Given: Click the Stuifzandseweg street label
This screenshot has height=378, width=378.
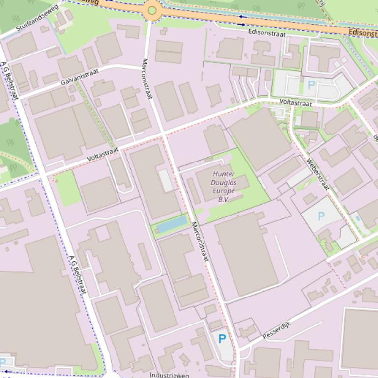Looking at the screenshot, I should (x=37, y=18).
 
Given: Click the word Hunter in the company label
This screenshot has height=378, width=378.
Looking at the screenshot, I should (x=224, y=174).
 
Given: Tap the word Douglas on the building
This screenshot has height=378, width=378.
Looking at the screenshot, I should (x=224, y=182).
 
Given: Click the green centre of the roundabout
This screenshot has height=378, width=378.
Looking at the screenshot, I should (x=152, y=10).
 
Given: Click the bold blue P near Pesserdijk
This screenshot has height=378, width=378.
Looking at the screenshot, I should (x=222, y=338).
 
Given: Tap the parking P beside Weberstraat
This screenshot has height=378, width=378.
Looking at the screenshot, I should (x=321, y=216).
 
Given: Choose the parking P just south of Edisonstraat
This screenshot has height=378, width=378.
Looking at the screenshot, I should (x=311, y=85).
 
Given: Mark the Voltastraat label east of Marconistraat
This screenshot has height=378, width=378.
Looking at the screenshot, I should (x=295, y=103).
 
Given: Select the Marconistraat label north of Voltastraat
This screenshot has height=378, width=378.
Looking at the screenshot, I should (x=147, y=79).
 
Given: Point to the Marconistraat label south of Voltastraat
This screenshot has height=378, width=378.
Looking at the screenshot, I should (x=200, y=241).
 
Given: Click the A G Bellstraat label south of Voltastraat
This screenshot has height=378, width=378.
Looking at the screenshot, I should (x=78, y=274).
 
